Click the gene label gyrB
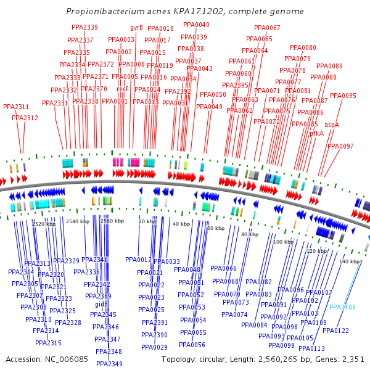tap(136, 28)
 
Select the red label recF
tap(122, 89)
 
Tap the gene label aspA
tap(332, 125)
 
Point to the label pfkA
tap(316, 133)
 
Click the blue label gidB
tap(101, 305)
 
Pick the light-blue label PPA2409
tap(342, 307)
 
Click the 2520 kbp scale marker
tap(44, 224)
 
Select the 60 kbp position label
tap(216, 229)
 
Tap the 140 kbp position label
tap(349, 262)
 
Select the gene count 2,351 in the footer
tap(351, 359)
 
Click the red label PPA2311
tap(16, 107)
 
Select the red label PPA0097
tap(340, 146)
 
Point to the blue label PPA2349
tap(109, 364)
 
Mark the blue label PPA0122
tap(335, 331)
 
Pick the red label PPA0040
tap(196, 25)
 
